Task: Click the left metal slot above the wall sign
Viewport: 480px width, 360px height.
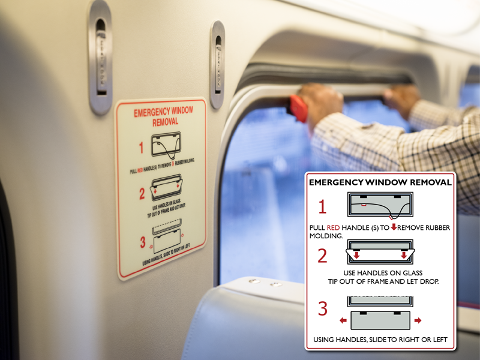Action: [100, 57]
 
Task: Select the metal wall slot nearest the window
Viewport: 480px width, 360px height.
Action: [217, 64]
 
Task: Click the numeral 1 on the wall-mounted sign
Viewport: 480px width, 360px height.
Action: [142, 148]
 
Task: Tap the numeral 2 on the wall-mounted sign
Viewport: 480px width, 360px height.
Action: [143, 194]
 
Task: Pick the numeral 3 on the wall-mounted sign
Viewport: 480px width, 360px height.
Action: [143, 242]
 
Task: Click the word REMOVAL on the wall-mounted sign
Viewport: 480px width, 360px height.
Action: [158, 121]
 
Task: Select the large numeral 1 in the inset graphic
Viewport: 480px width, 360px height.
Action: [322, 207]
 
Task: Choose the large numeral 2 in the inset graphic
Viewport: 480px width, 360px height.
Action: [322, 256]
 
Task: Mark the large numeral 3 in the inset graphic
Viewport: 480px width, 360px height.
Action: [323, 309]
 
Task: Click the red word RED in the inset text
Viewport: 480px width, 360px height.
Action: [334, 228]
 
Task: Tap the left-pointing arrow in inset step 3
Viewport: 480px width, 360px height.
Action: [343, 320]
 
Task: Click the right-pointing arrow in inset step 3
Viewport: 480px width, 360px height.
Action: [418, 320]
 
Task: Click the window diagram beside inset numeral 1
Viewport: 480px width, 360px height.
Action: [379, 205]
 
